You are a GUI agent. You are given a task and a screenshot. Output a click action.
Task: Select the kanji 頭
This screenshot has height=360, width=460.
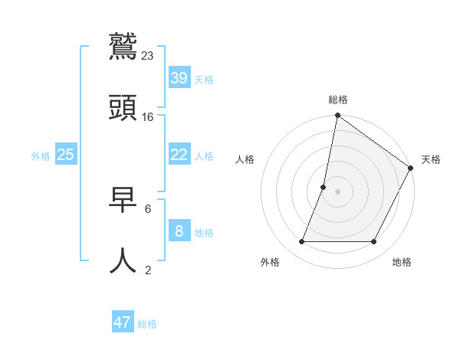click(123, 108)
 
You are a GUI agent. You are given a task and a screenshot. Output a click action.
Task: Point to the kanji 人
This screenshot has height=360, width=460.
click(123, 260)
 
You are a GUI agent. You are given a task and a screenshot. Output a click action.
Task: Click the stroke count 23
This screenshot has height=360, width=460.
click(148, 55)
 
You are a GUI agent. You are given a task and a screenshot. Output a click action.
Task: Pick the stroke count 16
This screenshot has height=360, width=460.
click(148, 116)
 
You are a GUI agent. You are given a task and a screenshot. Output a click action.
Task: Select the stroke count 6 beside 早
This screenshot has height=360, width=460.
click(148, 208)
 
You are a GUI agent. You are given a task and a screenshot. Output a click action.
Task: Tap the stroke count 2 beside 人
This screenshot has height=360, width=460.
click(148, 269)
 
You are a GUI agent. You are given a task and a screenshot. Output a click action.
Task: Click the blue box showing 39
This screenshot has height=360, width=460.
click(179, 77)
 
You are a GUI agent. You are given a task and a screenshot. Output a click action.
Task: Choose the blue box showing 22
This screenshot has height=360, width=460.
click(179, 154)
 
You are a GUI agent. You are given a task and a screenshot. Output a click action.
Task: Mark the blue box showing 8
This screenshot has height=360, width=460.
click(179, 231)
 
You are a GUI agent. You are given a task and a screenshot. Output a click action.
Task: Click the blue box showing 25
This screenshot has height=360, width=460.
click(66, 154)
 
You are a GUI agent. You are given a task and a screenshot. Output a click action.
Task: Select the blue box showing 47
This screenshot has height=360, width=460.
click(123, 322)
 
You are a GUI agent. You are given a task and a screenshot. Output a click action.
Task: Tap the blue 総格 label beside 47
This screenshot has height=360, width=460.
click(147, 324)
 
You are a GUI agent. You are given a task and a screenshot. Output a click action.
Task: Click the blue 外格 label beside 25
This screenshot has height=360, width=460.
click(41, 156)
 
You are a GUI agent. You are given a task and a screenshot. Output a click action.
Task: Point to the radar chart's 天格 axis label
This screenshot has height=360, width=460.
click(431, 159)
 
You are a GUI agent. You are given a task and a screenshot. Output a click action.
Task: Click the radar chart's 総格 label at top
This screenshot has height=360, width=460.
click(338, 100)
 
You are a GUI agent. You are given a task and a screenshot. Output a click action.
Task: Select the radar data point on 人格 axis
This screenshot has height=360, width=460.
click(324, 187)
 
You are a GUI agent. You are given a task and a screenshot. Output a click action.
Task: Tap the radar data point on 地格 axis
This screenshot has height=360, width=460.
click(374, 242)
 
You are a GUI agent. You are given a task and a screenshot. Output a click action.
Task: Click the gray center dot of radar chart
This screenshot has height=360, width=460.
click(337, 191)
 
